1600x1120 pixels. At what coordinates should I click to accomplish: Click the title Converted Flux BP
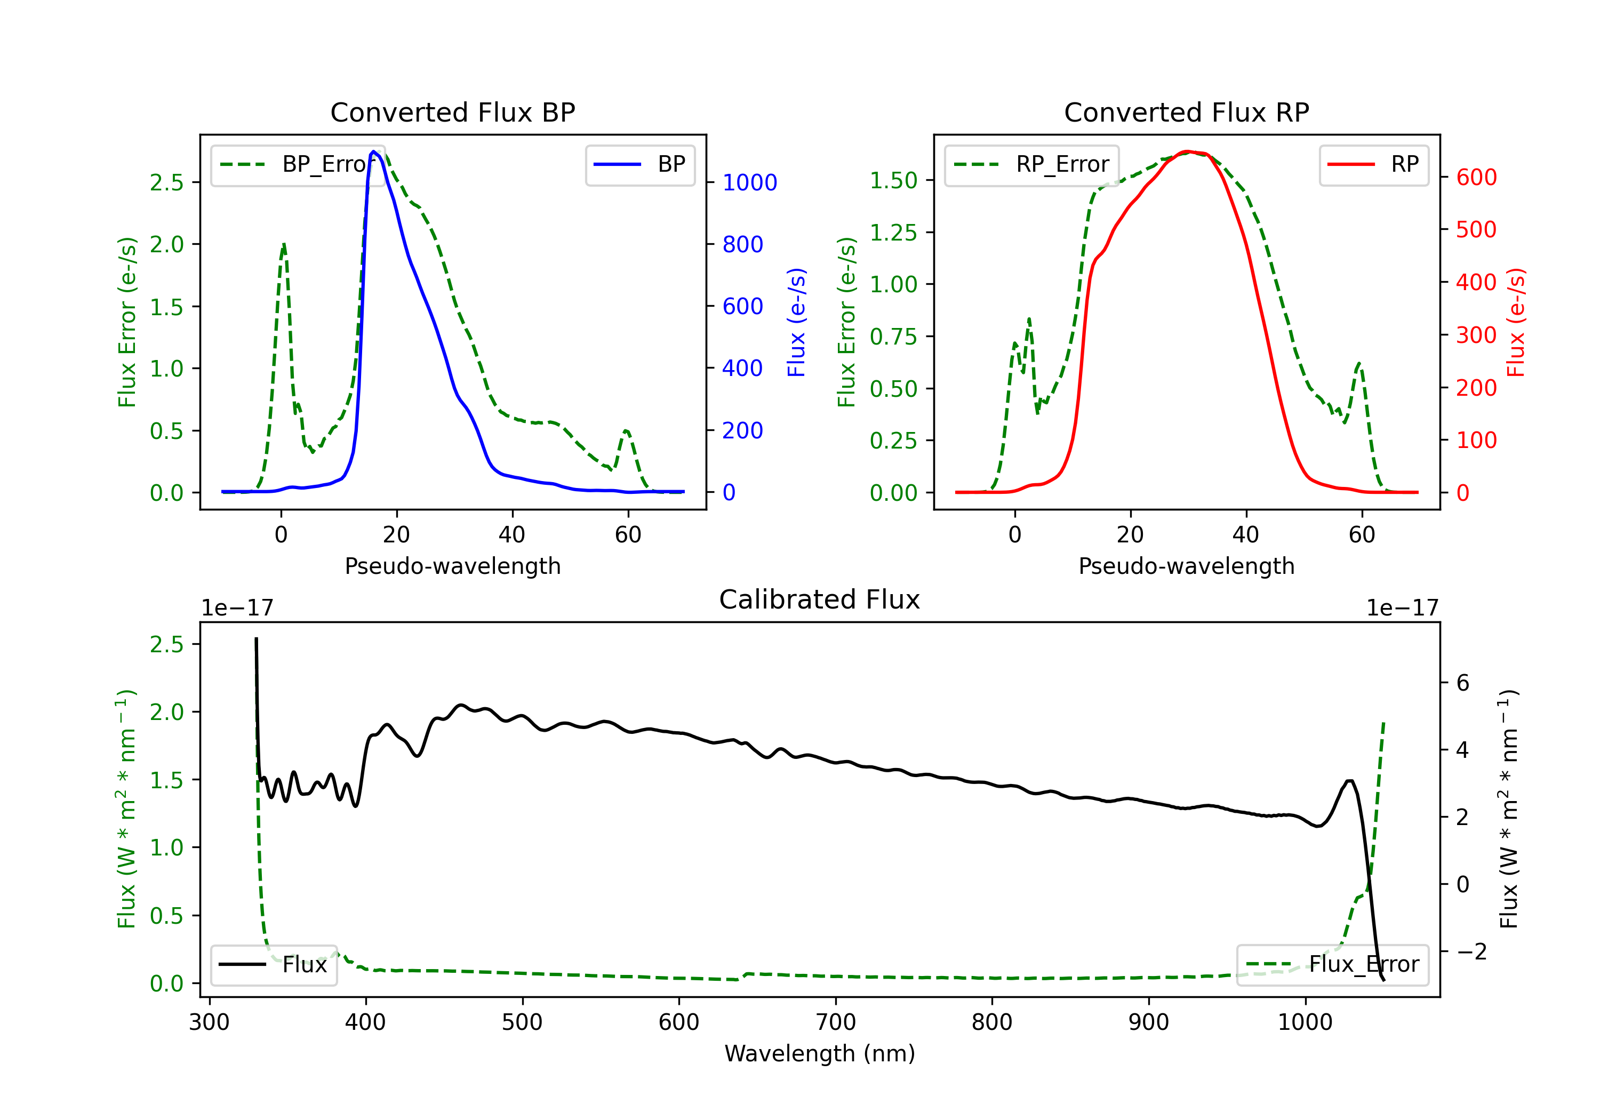(452, 112)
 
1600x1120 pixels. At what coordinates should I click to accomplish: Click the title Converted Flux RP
(1186, 112)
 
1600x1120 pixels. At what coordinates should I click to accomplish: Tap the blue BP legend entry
(639, 164)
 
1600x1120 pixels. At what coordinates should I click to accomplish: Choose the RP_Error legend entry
(1031, 164)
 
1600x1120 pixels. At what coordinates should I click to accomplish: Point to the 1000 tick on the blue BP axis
(749, 182)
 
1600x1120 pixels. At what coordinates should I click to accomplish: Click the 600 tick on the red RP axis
(1476, 177)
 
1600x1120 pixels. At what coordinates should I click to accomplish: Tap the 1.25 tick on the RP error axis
(893, 232)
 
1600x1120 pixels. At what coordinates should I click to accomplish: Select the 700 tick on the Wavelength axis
(836, 1022)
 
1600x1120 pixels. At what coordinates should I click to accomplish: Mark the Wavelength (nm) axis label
(820, 1053)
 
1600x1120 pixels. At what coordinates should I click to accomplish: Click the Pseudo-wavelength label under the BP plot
(452, 566)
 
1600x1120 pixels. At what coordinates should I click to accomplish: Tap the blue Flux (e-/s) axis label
(796, 322)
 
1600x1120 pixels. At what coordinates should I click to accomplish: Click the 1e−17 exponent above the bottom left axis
(237, 608)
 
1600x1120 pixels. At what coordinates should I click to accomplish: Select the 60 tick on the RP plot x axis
(1361, 534)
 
